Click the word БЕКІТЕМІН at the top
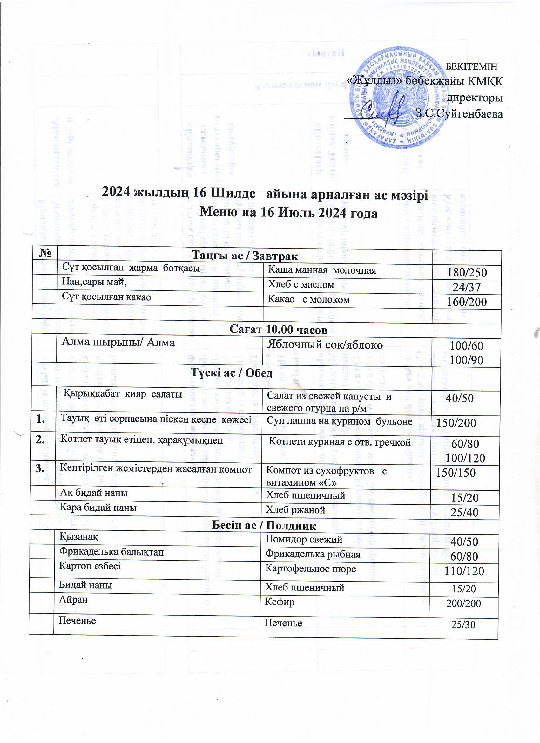coord(472,66)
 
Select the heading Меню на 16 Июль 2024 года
coord(288,213)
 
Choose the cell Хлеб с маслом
coord(301,285)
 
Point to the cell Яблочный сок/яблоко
coord(325,344)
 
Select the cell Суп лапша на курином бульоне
coord(340,422)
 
